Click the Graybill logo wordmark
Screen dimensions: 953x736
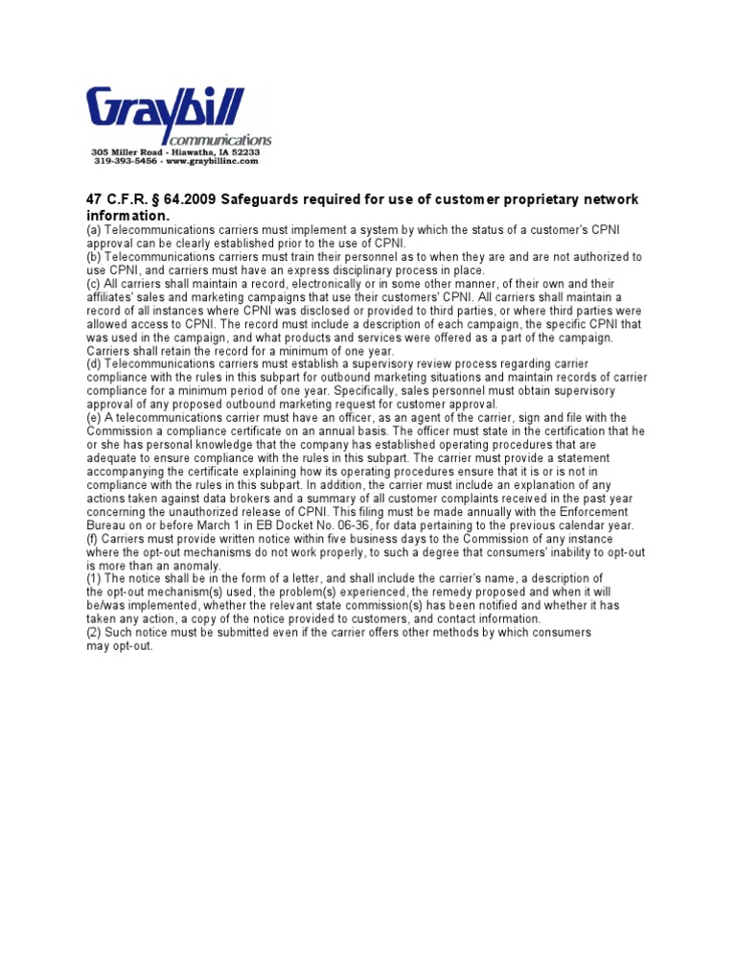[x=166, y=111]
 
